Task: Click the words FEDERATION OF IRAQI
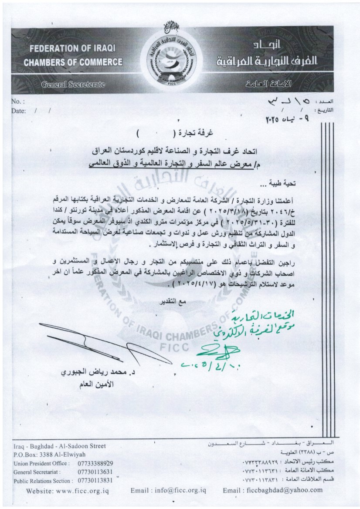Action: click(x=65, y=48)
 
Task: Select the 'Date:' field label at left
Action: click(x=19, y=111)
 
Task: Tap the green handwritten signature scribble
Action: click(x=218, y=348)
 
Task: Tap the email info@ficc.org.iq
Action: click(x=168, y=491)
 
